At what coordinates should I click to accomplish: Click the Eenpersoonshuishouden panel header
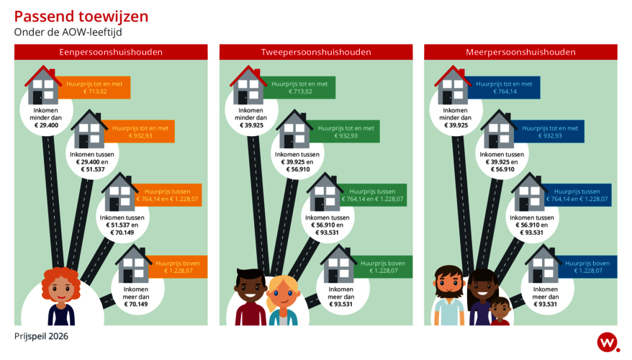click(x=110, y=52)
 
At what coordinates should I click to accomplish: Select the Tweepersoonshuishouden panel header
click(x=315, y=52)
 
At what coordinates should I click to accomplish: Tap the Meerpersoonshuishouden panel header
click(x=520, y=52)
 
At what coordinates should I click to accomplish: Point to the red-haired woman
click(x=62, y=296)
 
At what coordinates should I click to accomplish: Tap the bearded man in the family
click(x=449, y=297)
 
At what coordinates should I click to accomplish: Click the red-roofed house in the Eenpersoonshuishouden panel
click(x=44, y=86)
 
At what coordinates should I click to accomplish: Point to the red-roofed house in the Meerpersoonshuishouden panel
click(x=453, y=86)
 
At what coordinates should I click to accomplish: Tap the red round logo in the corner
click(x=607, y=342)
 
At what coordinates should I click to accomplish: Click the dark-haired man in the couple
click(x=250, y=299)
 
